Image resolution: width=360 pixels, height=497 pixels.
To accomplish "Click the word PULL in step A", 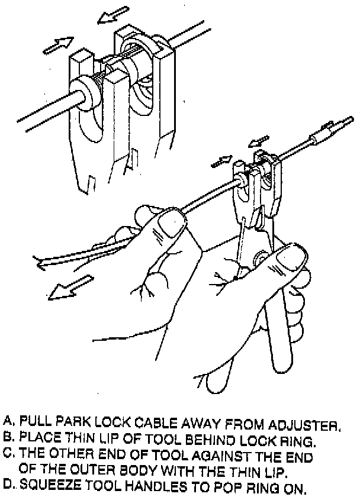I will [34, 422].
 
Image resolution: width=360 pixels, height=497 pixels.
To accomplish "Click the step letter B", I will [8, 438].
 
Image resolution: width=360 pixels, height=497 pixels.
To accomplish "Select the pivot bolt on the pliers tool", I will [260, 259].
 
